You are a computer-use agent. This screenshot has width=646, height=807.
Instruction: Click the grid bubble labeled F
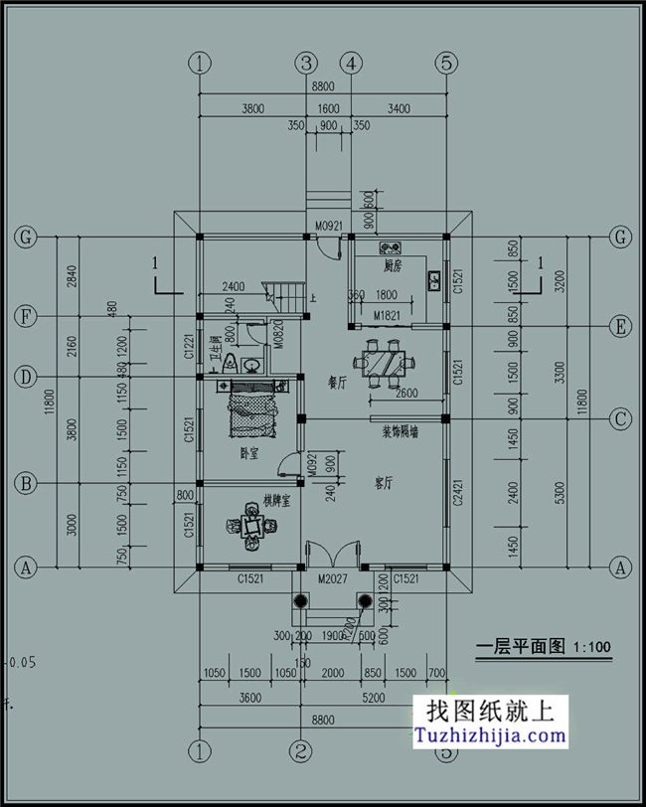click(25, 317)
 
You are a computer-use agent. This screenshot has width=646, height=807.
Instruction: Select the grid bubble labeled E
click(621, 326)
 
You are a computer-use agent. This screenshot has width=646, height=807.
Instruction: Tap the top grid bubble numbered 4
click(350, 64)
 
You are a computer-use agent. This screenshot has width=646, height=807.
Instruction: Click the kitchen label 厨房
click(392, 267)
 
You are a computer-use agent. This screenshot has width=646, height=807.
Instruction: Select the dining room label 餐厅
click(337, 381)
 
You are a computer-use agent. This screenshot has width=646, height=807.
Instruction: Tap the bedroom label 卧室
click(248, 453)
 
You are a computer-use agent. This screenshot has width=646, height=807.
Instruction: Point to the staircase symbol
click(285, 295)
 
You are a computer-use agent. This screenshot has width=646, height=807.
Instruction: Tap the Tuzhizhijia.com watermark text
click(490, 737)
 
